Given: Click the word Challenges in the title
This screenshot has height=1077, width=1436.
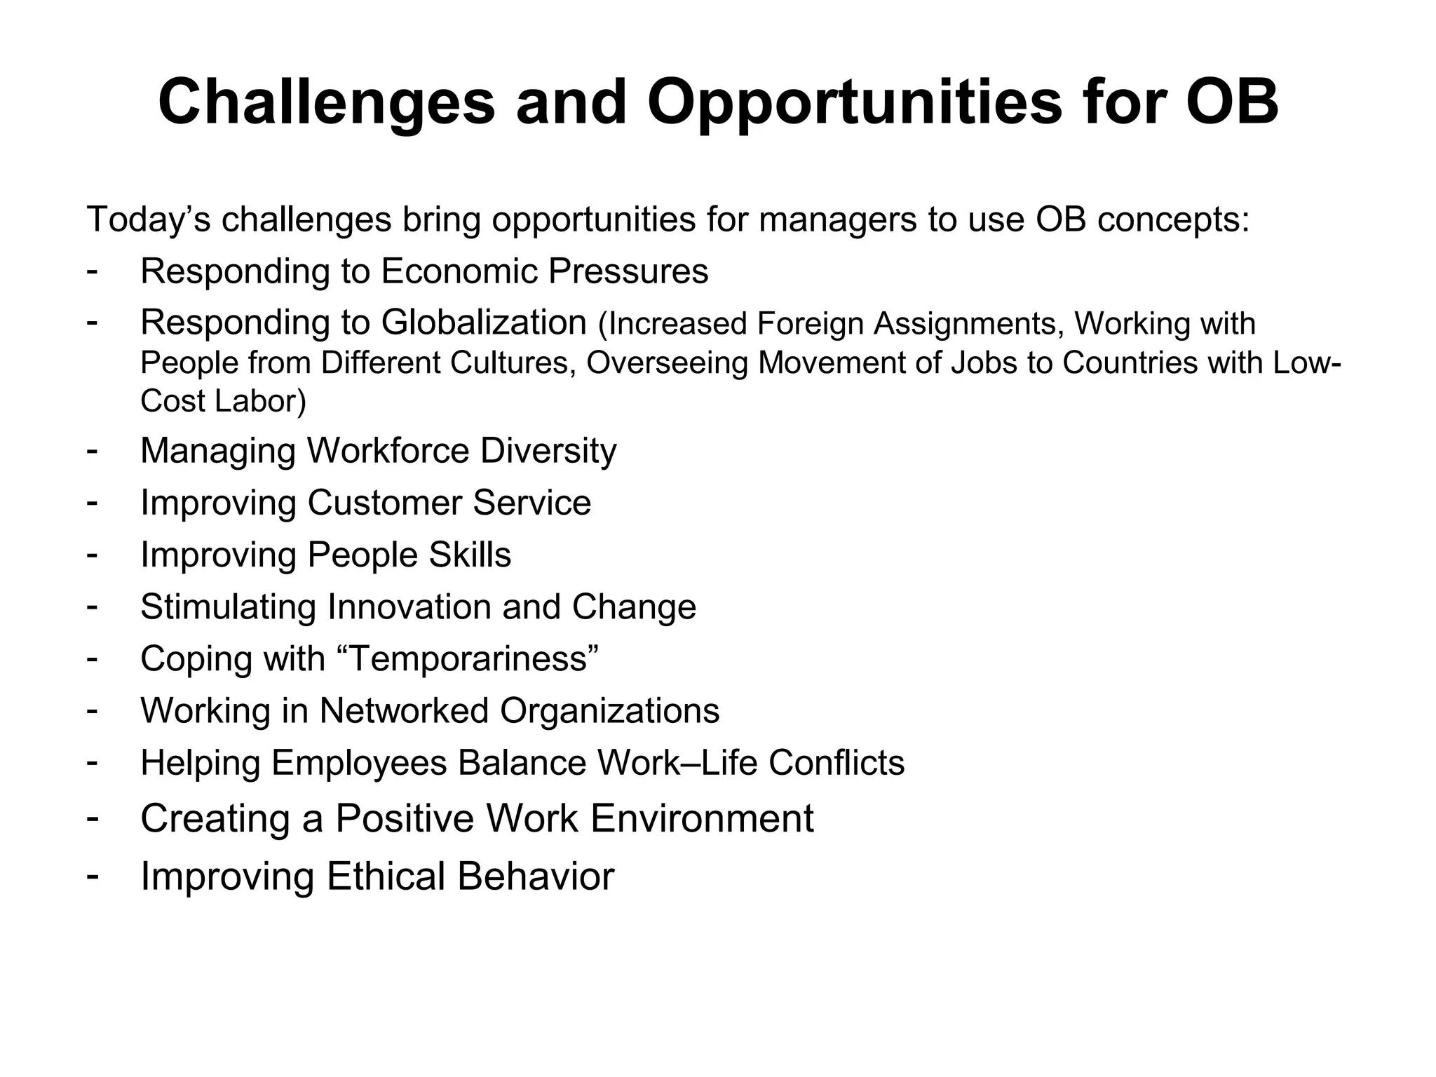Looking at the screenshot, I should coord(326,103).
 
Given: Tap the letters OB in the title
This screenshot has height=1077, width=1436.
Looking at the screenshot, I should coord(1231,103).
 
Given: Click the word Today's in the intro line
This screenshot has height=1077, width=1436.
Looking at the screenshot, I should coord(148,219).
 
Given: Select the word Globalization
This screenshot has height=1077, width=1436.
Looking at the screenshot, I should coord(484,323).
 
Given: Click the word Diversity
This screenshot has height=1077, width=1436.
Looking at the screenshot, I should coord(548,451).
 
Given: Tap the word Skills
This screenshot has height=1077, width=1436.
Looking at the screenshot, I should coord(470,555).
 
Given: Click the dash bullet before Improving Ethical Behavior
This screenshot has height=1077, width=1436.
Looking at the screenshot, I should coord(92,875).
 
